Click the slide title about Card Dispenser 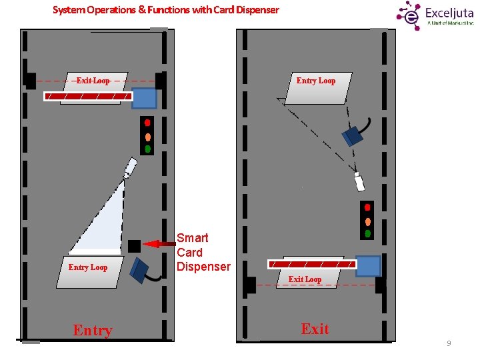[166, 10]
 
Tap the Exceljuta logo [434, 14]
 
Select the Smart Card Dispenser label [203, 252]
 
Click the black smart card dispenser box [134, 245]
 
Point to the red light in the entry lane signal [148, 123]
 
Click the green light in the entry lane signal [148, 149]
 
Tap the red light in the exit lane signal [367, 207]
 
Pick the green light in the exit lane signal [367, 233]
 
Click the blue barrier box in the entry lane [144, 98]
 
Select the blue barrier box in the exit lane [368, 266]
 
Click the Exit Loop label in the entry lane [93, 81]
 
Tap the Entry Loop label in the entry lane [88, 267]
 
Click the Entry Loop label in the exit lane [316, 81]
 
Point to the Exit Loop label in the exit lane [305, 279]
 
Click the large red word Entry [93, 330]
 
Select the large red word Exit [315, 329]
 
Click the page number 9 [449, 343]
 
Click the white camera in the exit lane [359, 182]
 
